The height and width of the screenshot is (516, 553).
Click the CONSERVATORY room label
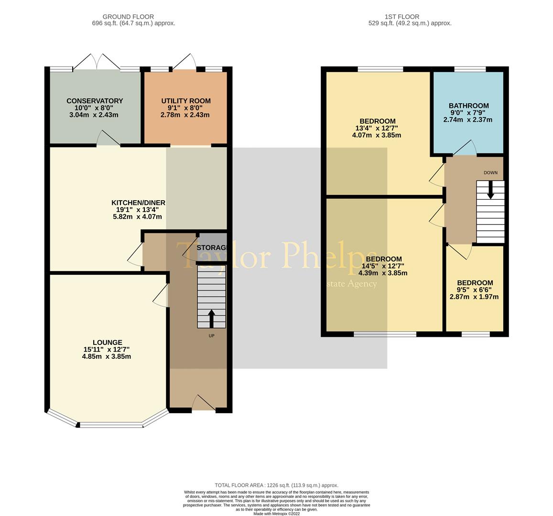click(x=95, y=101)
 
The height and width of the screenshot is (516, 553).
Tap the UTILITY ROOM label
click(x=185, y=101)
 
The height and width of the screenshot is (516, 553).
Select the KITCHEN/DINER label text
click(x=138, y=203)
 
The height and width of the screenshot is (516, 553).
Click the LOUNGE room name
click(x=107, y=342)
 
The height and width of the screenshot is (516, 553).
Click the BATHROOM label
click(x=468, y=106)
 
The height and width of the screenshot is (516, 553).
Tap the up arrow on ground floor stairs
click(x=211, y=319)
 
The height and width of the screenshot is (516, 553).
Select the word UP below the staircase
click(x=211, y=336)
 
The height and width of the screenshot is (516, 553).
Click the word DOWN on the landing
click(x=490, y=172)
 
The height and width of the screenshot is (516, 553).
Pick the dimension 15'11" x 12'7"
click(x=107, y=349)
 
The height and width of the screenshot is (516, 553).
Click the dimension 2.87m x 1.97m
click(x=474, y=297)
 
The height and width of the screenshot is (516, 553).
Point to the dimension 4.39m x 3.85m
click(x=382, y=273)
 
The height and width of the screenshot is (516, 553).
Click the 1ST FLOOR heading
click(x=410, y=17)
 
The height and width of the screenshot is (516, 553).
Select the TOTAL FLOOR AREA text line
click(x=276, y=485)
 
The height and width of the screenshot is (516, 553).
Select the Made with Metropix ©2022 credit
click(x=276, y=514)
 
